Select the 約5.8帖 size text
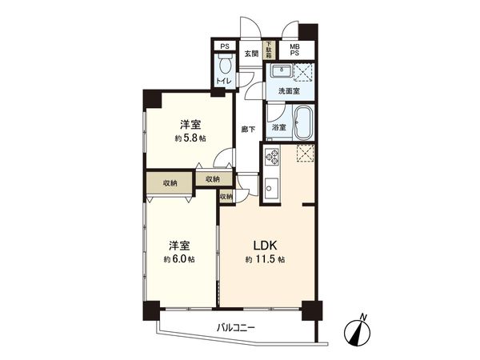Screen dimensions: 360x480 190,138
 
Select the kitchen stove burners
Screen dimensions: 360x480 271,155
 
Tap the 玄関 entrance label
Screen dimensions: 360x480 251,54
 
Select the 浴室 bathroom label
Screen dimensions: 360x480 279,127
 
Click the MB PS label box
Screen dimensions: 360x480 295,50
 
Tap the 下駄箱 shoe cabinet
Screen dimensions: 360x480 270,50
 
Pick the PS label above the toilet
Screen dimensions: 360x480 223,46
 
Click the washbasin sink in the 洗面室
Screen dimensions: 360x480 281,72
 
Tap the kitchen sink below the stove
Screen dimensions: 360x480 271,189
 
